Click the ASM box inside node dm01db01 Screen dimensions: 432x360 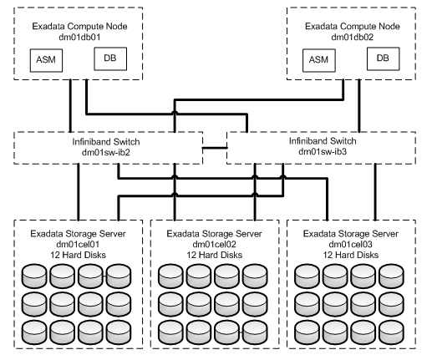point(46,60)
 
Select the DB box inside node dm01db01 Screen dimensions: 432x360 point(110,58)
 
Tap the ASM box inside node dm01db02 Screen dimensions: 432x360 point(319,60)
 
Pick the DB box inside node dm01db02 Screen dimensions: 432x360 point(383,58)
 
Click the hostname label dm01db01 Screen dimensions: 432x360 point(79,37)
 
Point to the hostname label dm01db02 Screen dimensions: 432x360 point(353,37)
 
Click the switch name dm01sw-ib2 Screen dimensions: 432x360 point(106,153)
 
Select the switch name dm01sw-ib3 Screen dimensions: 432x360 point(323,151)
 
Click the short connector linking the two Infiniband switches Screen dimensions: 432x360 point(215,148)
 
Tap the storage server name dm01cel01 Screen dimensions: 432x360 point(78,244)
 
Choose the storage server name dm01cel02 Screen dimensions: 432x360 point(214,244)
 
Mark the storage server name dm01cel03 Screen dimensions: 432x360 point(350,244)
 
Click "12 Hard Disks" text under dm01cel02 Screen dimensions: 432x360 point(214,255)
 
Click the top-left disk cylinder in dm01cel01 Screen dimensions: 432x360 point(34,276)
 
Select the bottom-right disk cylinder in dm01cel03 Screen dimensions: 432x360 point(391,332)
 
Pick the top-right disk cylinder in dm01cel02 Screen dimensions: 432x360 point(255,276)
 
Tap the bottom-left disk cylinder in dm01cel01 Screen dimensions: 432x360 point(34,332)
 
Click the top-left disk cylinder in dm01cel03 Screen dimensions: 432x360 point(307,276)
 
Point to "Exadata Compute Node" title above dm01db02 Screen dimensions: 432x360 point(353,26)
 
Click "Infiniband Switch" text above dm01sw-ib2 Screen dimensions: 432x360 point(106,142)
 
